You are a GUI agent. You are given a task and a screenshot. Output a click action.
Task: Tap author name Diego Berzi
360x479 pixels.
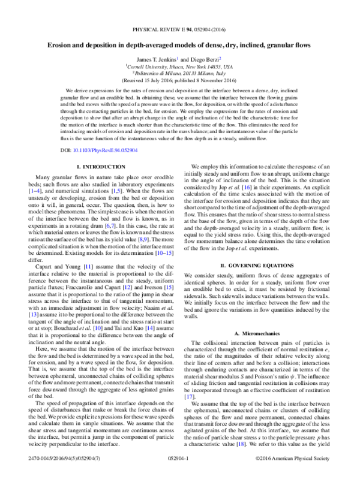204,58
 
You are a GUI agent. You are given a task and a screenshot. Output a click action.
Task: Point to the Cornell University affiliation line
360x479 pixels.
180,66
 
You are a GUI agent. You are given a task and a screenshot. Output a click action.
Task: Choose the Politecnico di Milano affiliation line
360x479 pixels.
180,73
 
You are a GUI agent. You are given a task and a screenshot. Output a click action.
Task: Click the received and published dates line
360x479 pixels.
180,80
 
